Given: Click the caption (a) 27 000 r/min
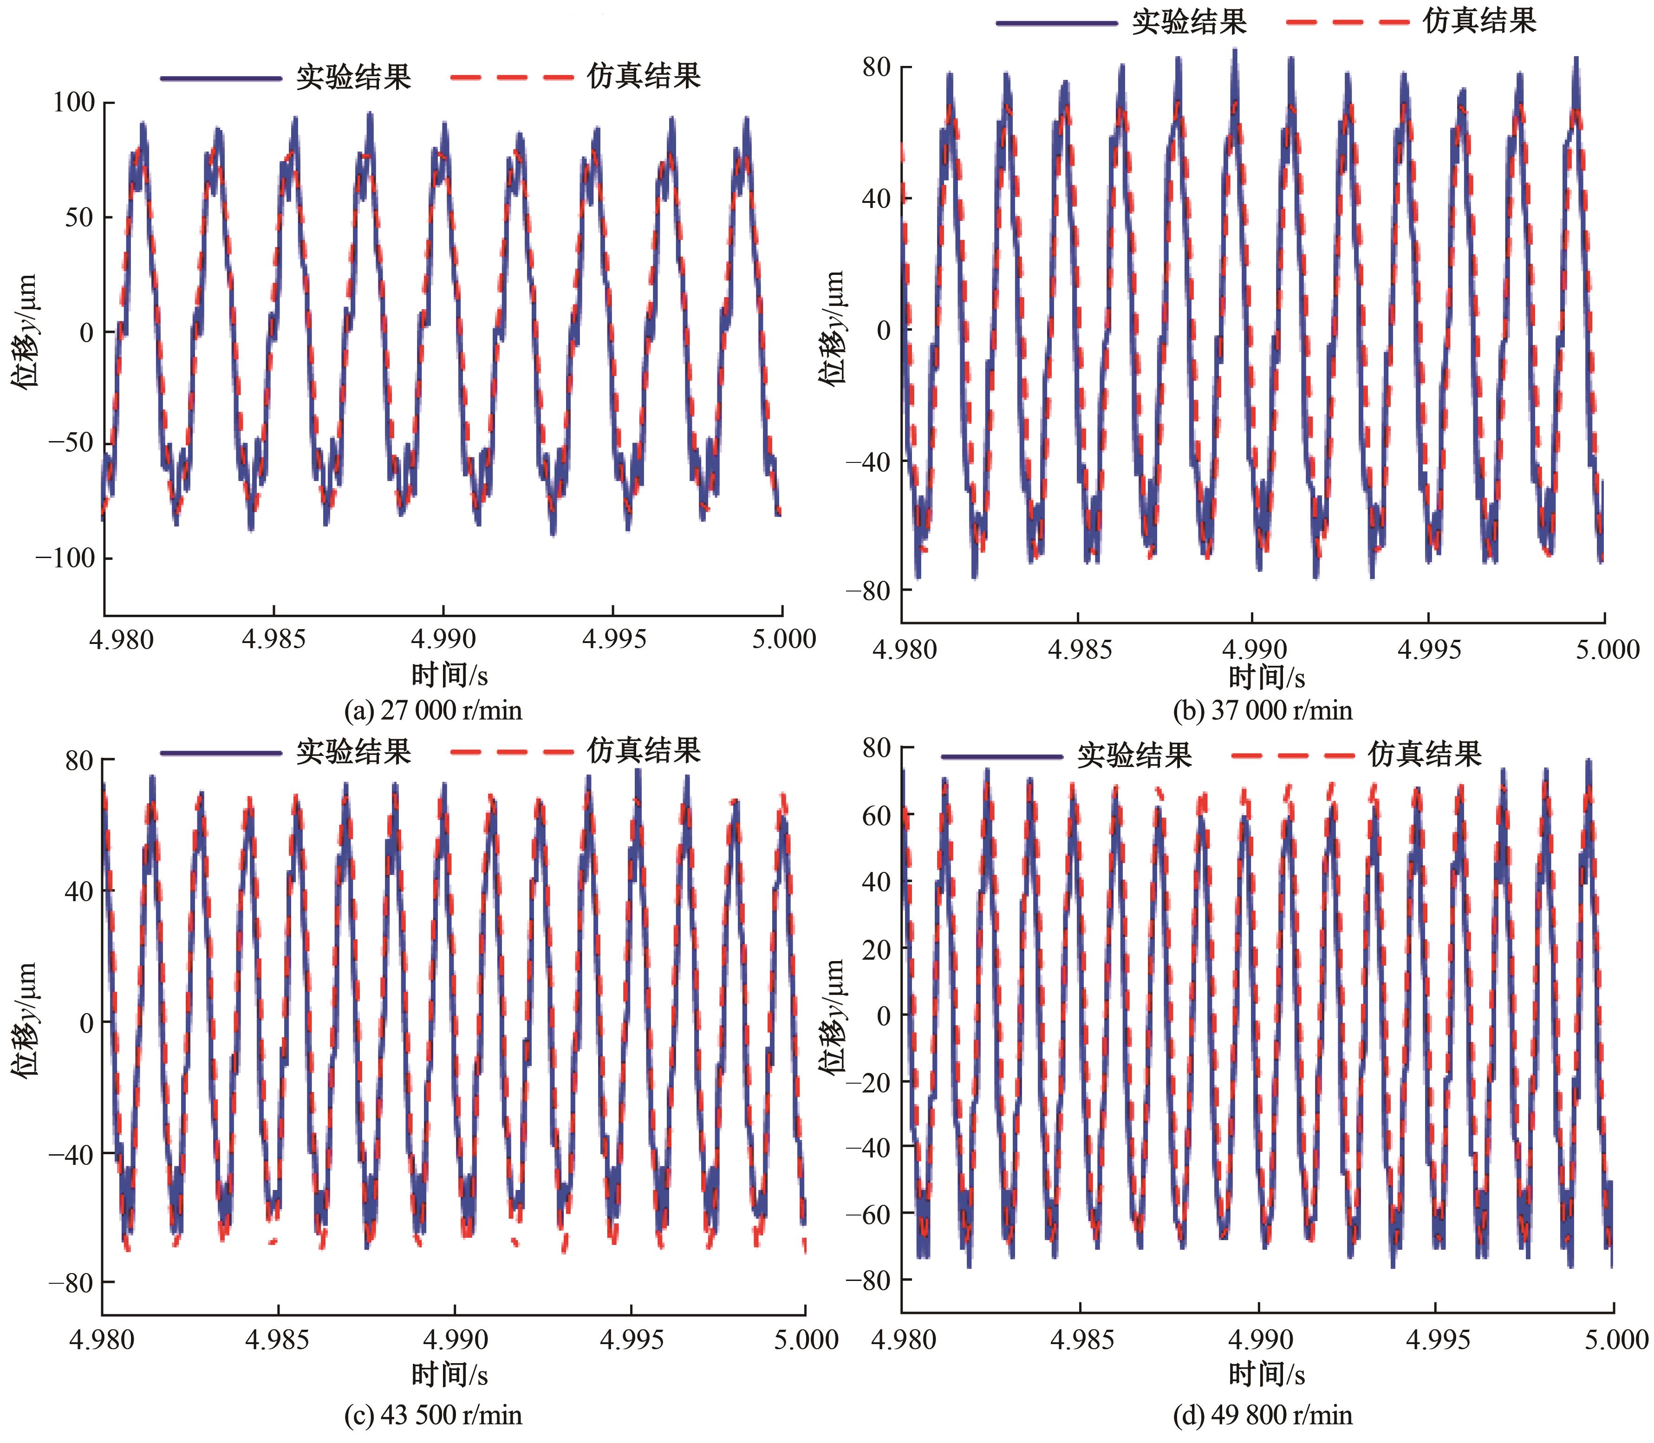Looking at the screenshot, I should (433, 710).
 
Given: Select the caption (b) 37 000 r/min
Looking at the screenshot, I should (1263, 710).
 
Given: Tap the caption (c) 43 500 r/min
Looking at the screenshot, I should (433, 1414).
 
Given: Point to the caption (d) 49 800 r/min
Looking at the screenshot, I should (1263, 1414).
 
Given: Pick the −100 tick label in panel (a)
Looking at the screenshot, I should (65, 558).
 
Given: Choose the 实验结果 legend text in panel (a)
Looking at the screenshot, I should (353, 77).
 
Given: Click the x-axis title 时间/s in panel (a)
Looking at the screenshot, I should (449, 675).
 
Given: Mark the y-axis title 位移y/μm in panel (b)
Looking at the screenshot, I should (834, 329).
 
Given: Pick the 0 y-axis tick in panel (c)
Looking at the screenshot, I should (86, 1023).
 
